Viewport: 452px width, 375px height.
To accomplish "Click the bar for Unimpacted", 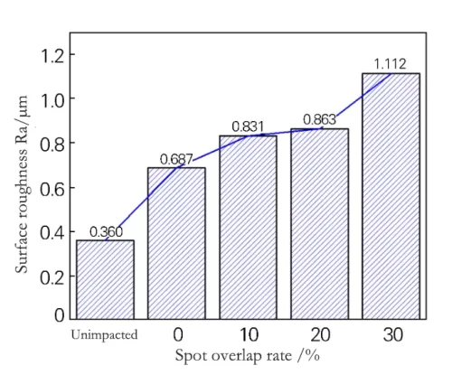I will (105, 279).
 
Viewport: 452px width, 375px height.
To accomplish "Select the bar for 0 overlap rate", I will (176, 243).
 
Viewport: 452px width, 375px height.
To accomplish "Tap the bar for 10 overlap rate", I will (248, 227).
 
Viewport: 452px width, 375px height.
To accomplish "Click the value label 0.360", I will (106, 232).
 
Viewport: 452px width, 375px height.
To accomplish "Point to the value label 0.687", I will (177, 159).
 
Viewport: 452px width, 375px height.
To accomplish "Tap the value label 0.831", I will (247, 127).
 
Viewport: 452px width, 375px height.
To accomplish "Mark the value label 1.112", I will (391, 64).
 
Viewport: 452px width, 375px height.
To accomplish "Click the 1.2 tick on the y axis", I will (52, 55).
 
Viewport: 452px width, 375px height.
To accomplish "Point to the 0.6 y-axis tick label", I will (52, 186).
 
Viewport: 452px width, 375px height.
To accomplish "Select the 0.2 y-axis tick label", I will (52, 274).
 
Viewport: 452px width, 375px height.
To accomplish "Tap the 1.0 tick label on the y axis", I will (52, 98).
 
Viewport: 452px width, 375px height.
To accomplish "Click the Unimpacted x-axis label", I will (104, 335).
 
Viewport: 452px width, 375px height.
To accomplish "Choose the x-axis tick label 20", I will (319, 335).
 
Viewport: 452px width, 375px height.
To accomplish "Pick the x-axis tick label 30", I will (391, 335).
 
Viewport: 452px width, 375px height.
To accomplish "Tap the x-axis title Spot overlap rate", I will (247, 357).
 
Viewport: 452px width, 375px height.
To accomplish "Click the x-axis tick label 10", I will (248, 335).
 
